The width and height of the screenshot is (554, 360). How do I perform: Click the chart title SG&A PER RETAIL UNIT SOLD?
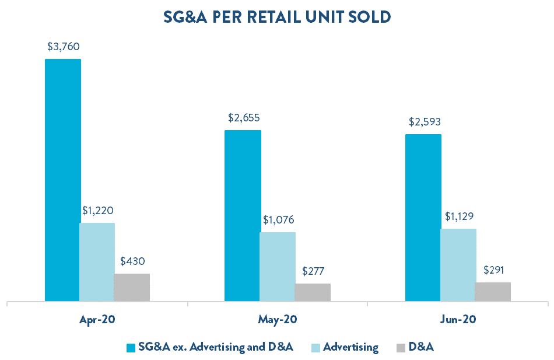click(277, 18)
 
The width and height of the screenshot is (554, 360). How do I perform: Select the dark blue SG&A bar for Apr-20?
click(62, 180)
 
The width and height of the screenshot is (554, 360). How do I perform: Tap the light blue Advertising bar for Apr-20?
click(97, 262)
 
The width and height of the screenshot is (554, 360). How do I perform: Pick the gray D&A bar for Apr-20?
click(131, 288)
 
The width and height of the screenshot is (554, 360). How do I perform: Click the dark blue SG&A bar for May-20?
click(243, 216)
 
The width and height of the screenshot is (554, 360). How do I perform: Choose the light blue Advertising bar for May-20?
click(278, 267)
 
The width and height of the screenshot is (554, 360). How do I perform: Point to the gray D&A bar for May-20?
click(313, 292)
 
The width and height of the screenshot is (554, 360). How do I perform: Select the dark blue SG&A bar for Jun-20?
click(423, 218)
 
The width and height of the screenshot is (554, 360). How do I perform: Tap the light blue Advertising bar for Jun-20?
click(458, 265)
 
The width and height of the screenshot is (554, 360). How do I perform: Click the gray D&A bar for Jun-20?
click(493, 292)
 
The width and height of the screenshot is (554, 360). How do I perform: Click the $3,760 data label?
click(63, 47)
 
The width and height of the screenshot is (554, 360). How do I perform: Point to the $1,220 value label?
click(98, 211)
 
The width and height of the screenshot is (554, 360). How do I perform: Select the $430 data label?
click(132, 261)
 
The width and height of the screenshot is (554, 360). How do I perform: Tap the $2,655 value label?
click(244, 118)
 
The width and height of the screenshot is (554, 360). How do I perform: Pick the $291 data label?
click(493, 271)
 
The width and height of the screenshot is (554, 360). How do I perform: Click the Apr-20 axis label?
click(97, 319)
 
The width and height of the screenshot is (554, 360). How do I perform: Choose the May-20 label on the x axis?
click(278, 320)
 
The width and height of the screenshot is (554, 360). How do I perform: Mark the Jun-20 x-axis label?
click(458, 319)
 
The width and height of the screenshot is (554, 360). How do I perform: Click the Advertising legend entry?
click(345, 347)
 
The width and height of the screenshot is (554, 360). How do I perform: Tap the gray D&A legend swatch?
click(401, 348)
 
